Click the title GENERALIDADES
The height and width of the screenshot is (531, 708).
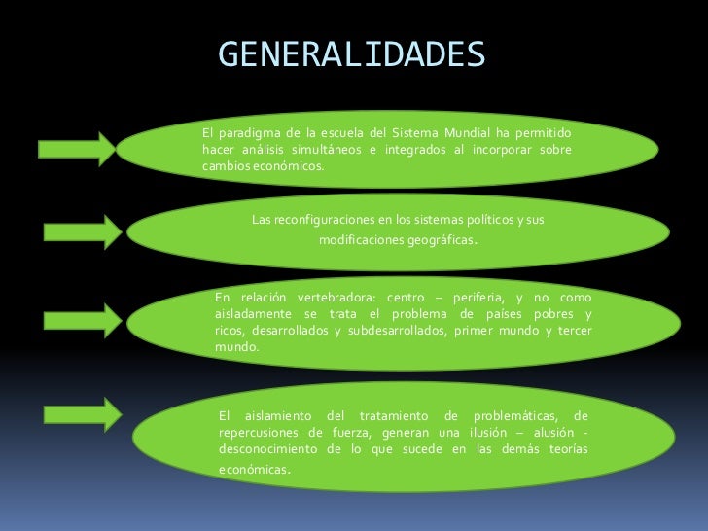pos(351,55)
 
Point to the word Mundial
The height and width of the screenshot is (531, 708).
pos(464,132)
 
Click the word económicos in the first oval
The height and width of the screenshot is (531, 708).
pos(286,165)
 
